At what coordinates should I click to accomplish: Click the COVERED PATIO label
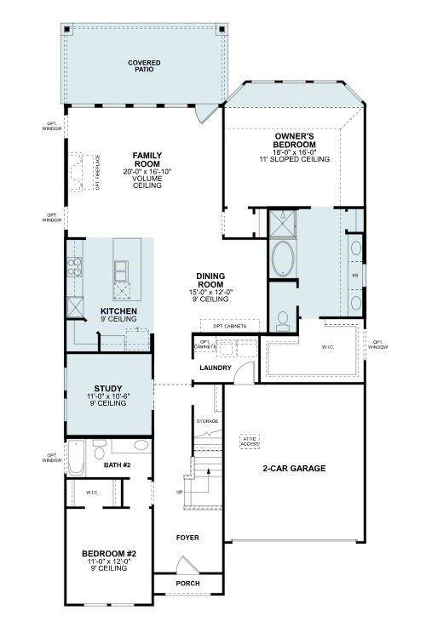point(144,66)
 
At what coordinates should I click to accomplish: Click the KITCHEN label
point(118,311)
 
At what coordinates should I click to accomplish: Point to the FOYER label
point(187,537)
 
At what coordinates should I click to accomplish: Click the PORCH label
point(187,584)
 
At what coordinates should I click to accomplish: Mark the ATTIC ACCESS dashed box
point(250,441)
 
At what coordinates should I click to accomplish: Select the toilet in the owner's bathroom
point(282,319)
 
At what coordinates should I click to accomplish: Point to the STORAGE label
point(208,421)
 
